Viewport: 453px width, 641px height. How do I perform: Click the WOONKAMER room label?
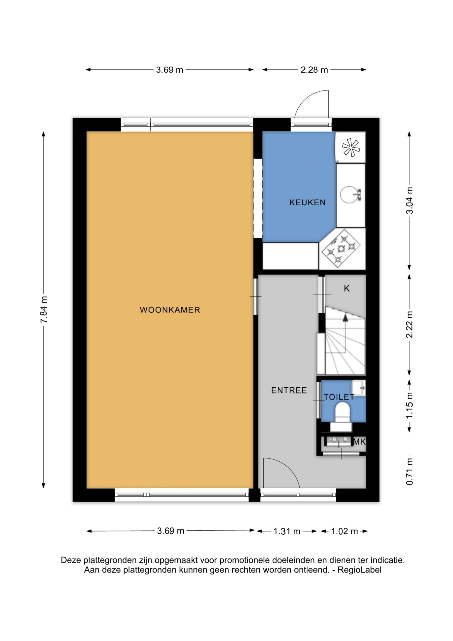(x=170, y=310)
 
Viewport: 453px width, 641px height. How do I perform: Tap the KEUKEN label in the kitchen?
(x=307, y=202)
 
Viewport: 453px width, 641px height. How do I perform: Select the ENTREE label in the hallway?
(x=289, y=390)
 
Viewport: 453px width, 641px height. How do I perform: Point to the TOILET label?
(x=339, y=397)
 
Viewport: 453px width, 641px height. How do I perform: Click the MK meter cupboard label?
(x=359, y=442)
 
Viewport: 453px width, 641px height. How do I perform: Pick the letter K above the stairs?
(x=347, y=288)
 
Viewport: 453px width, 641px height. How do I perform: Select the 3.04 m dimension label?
(x=410, y=200)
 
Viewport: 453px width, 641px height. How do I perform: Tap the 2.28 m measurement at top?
(x=314, y=70)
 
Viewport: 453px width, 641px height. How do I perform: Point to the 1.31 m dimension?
(x=287, y=531)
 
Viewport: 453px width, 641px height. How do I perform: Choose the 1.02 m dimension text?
(x=344, y=531)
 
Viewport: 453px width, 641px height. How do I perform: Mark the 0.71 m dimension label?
(x=410, y=472)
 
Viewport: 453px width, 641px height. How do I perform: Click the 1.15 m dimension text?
(x=410, y=405)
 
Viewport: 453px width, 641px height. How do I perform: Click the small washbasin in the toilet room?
(x=359, y=388)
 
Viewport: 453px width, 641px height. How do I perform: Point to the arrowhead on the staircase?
(x=345, y=317)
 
